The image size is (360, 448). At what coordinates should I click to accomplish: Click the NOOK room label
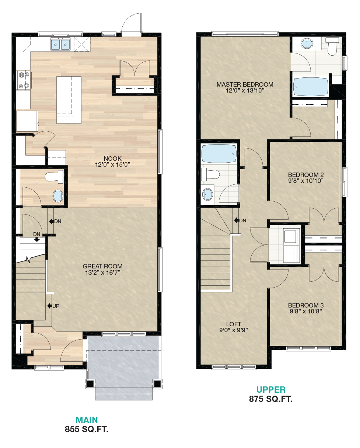click(113, 159)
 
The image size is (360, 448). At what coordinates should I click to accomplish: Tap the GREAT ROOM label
click(102, 266)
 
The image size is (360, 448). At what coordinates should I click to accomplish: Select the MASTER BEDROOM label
click(245, 84)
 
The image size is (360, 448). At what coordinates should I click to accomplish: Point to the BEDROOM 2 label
click(306, 175)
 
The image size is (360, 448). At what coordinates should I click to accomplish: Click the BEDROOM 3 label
click(306, 305)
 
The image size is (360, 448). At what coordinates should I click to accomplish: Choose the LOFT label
click(234, 324)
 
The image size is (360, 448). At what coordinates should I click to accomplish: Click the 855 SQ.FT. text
click(87, 429)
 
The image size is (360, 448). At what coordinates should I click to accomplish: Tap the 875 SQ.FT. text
click(271, 399)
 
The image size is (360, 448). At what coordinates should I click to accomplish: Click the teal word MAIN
click(87, 420)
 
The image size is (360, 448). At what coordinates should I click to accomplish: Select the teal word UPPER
click(271, 390)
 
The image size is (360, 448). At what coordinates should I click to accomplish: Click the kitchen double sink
click(60, 44)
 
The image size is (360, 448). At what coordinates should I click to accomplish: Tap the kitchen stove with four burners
click(24, 80)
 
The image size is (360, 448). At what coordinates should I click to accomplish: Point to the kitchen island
click(69, 100)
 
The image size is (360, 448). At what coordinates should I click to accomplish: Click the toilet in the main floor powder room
click(54, 177)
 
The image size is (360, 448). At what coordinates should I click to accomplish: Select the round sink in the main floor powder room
click(58, 196)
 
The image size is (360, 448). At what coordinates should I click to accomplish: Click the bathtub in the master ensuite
click(310, 87)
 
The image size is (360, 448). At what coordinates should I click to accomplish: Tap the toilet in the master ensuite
click(332, 46)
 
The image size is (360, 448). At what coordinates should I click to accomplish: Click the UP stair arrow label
click(53, 306)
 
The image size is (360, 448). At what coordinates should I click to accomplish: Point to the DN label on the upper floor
click(240, 220)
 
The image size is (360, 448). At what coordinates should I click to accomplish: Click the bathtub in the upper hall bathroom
click(219, 154)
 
